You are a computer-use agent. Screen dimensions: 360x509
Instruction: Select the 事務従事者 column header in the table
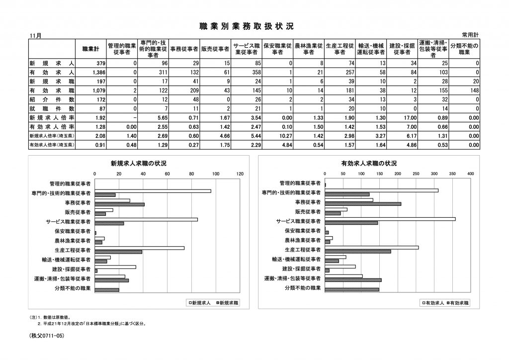click(184, 49)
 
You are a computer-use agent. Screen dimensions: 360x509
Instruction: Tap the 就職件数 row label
click(52, 108)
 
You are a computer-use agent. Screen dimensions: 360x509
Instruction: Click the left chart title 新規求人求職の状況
click(138, 163)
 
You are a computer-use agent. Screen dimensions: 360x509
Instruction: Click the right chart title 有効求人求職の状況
click(368, 163)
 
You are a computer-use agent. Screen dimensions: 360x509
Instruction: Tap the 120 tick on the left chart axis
click(241, 174)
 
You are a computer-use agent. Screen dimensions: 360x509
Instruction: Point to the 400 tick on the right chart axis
click(470, 174)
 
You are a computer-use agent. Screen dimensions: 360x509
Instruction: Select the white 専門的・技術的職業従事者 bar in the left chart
click(153, 191)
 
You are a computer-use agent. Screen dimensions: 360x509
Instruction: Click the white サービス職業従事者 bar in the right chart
click(390, 219)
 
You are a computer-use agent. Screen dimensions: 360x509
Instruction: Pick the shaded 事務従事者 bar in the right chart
click(362, 204)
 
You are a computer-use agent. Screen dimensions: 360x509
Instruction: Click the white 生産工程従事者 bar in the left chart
click(140, 248)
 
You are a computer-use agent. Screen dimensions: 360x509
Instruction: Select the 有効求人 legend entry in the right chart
click(433, 302)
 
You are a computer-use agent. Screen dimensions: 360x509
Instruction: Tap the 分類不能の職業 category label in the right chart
click(303, 288)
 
